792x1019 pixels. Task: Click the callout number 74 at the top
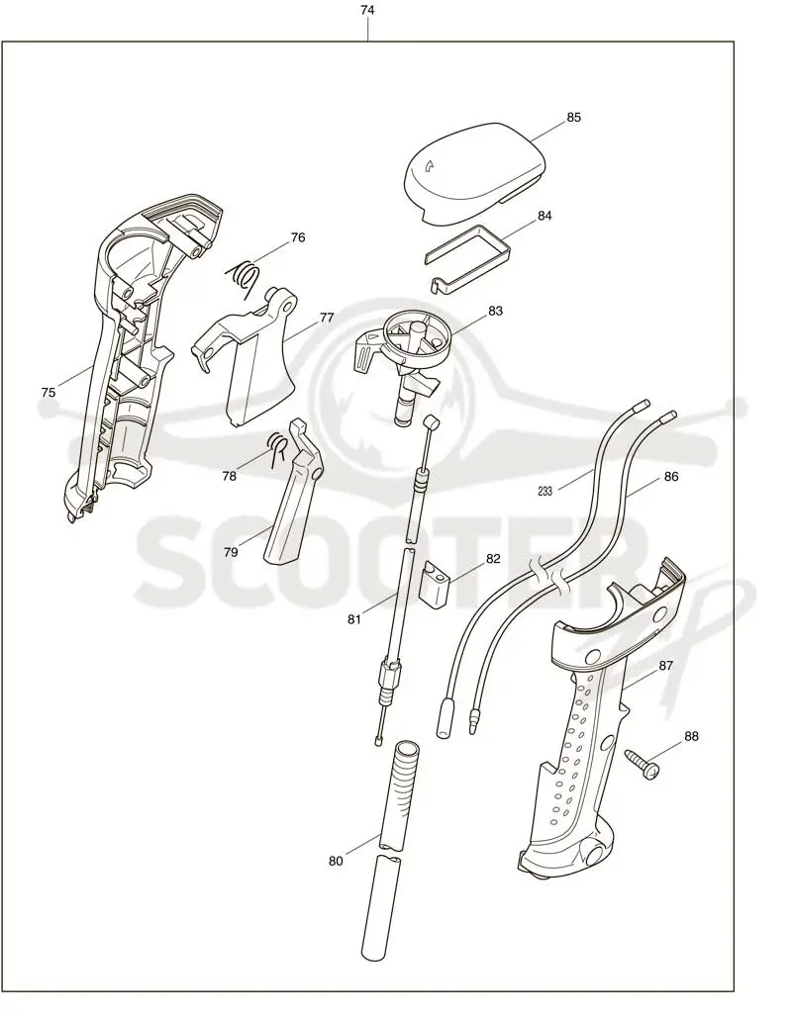tap(367, 11)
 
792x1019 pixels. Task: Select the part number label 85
tap(573, 118)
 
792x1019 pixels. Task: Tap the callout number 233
tap(544, 492)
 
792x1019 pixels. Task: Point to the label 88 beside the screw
tap(691, 736)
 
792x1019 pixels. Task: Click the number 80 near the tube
tap(336, 861)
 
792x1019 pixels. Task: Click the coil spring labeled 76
tap(245, 276)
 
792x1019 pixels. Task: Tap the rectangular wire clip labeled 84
tap(467, 256)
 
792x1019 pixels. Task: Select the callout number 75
tap(49, 393)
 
